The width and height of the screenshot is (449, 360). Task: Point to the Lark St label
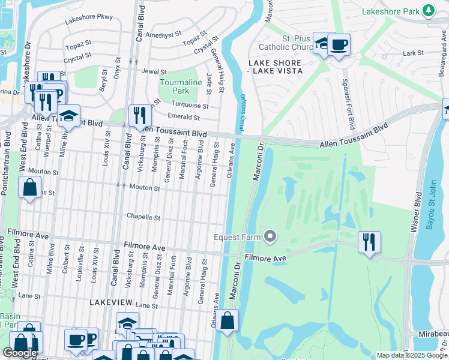point(414,53)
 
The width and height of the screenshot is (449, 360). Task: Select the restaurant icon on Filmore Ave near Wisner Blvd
point(369,242)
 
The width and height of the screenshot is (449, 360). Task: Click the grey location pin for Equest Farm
point(271,237)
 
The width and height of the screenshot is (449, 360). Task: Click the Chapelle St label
point(143,217)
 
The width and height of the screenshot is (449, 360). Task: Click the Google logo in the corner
point(20,353)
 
